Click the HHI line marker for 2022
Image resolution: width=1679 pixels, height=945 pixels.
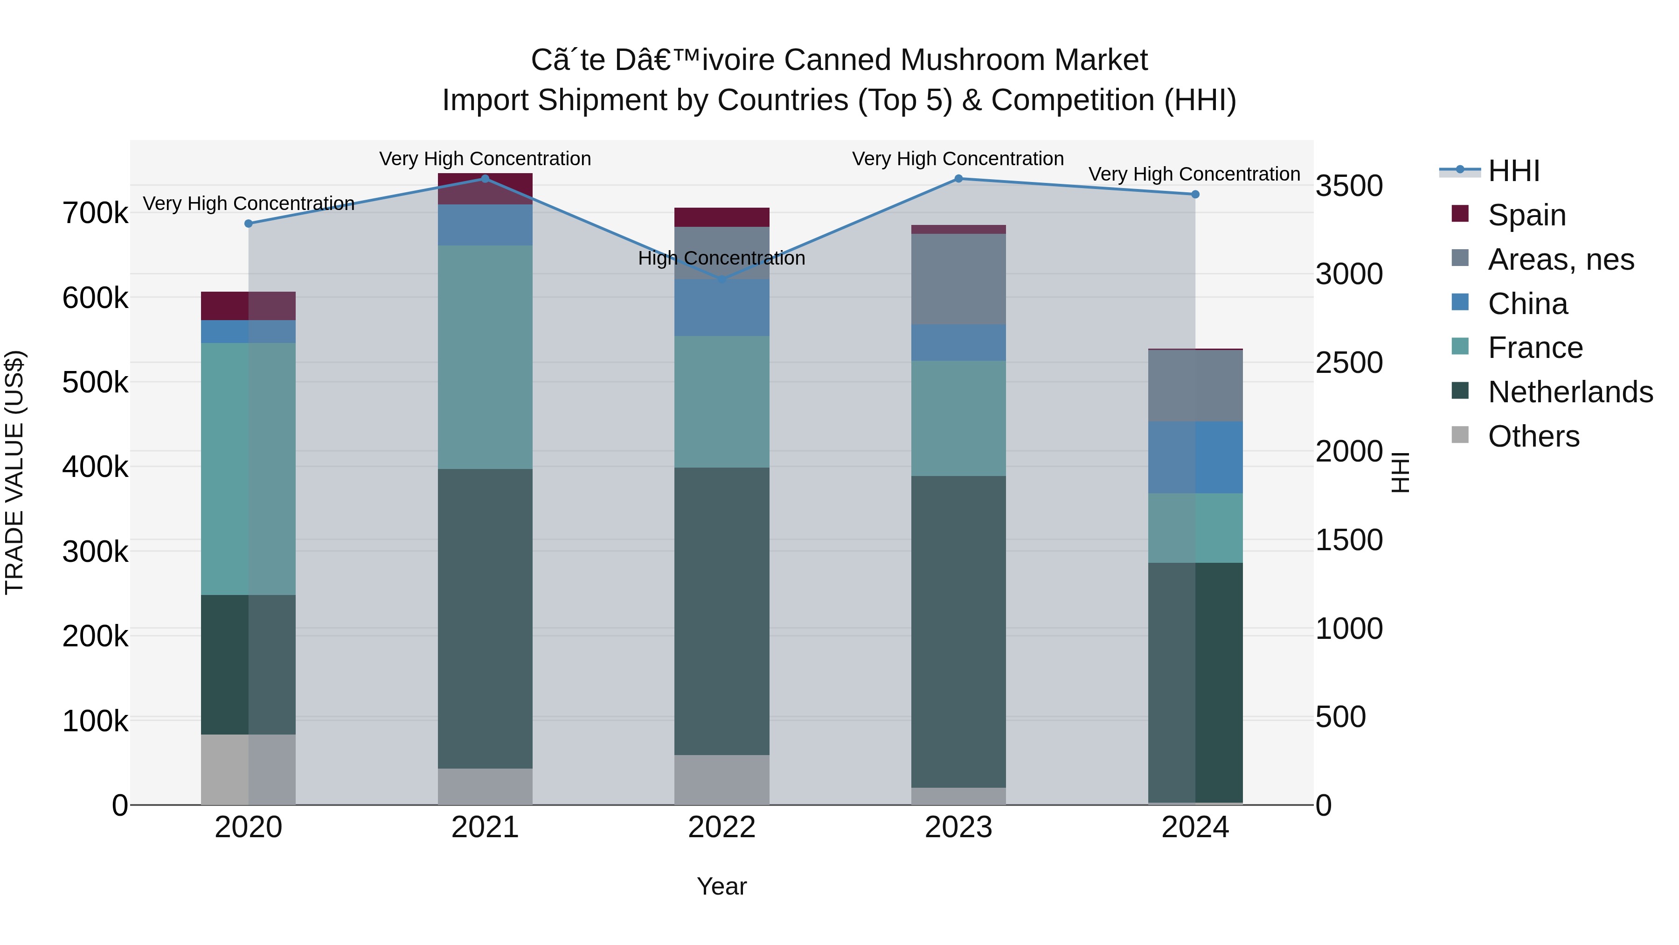[722, 280]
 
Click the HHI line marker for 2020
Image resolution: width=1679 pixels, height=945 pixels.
[248, 224]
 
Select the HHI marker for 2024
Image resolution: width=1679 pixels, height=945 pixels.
[1195, 194]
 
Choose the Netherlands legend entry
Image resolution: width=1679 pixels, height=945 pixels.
[1569, 392]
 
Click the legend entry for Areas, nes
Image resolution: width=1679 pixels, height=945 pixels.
[1561, 259]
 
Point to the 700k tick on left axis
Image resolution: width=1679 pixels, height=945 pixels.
[95, 213]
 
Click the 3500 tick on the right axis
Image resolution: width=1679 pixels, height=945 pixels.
[1348, 186]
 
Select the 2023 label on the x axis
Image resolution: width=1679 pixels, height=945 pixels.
[958, 827]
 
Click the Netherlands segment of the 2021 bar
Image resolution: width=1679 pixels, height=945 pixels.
[485, 618]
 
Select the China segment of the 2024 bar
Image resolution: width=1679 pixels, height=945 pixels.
[1195, 457]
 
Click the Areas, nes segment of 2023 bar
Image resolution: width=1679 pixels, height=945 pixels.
[958, 279]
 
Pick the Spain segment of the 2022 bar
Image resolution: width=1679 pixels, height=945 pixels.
[722, 217]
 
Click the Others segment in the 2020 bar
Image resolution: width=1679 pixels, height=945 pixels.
[248, 770]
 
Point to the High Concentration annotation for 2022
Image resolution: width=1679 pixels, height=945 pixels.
[722, 258]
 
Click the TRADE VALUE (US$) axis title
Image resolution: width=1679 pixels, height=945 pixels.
[14, 472]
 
